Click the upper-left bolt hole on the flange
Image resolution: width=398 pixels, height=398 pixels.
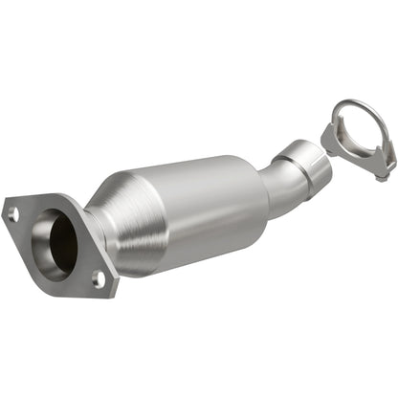point(13,214)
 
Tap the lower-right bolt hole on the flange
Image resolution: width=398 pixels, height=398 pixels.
point(98,277)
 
